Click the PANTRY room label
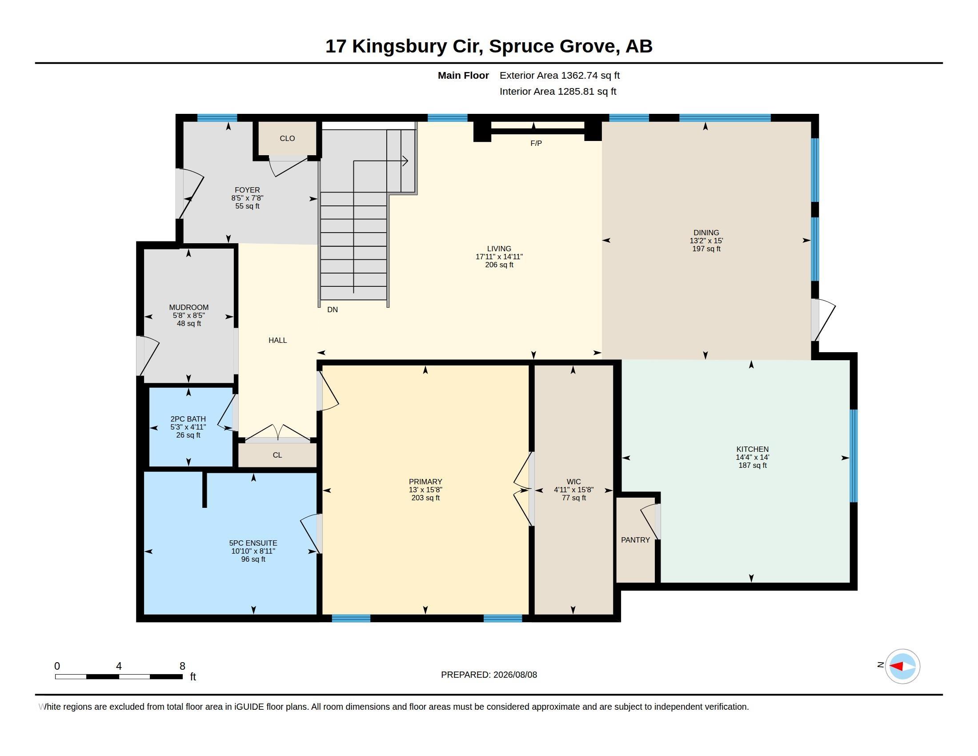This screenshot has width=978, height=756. click(635, 540)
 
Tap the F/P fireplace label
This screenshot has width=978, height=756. click(536, 143)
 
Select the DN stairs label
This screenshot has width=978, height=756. click(332, 310)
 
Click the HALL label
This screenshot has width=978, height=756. click(278, 340)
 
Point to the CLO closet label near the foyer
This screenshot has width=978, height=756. click(287, 138)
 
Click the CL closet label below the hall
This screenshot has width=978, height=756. click(277, 455)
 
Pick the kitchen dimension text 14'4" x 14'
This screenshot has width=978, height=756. click(752, 457)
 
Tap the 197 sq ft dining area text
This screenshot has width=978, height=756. click(706, 249)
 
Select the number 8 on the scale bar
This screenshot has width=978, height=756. click(182, 666)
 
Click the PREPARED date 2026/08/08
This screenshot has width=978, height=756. click(515, 675)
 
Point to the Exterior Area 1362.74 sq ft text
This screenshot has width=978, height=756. click(560, 75)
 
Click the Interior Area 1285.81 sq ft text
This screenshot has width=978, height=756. click(558, 91)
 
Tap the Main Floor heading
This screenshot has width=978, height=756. click(463, 75)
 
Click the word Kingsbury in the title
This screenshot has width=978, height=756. click(400, 46)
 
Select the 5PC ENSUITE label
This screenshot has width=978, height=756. click(253, 543)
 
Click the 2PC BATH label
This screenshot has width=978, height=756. click(188, 419)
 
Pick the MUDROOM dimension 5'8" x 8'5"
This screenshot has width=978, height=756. click(188, 315)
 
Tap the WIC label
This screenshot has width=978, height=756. click(573, 482)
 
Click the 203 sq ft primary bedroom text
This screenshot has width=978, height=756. click(425, 498)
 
